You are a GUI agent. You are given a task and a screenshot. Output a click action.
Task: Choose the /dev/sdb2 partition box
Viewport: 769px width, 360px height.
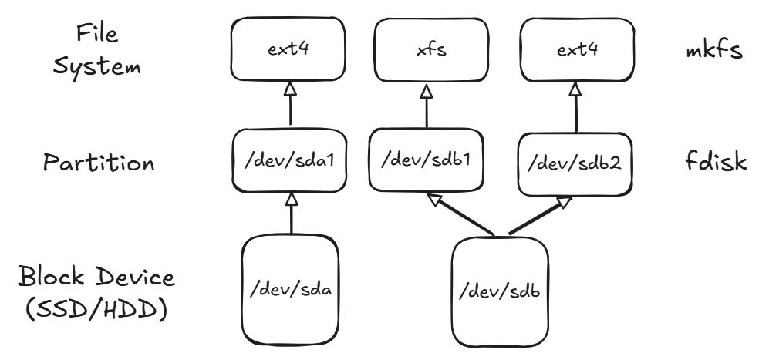[x=573, y=163]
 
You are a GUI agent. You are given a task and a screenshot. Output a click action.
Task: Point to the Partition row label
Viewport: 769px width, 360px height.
[x=99, y=163]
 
